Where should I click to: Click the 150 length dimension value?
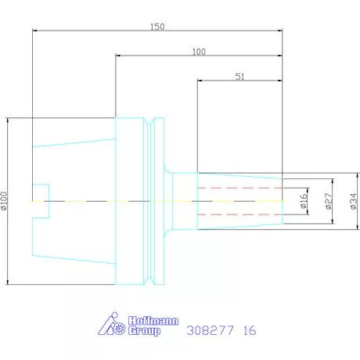pyautogui.click(x=157, y=27)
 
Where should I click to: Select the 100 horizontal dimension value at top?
pyautogui.click(x=199, y=52)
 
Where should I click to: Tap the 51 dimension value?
pyautogui.click(x=239, y=77)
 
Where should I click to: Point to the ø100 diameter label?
pyautogui.click(x=4, y=201)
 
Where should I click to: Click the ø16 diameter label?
pyautogui.click(x=303, y=201)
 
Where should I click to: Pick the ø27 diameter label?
pyautogui.click(x=329, y=201)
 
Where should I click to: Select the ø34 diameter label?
pyautogui.click(x=353, y=201)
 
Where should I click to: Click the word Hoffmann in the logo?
pyautogui.click(x=153, y=321)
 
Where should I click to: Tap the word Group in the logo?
pyautogui.click(x=144, y=331)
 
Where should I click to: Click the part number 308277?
pyautogui.click(x=210, y=330)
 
